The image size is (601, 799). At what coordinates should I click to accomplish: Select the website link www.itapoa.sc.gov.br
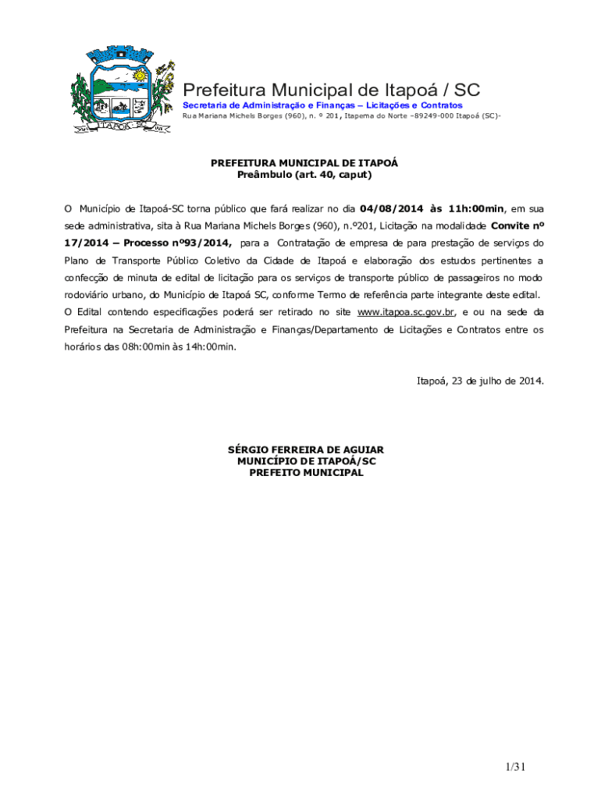pos(406,312)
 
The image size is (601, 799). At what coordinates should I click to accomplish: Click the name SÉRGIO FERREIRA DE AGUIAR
pos(305,450)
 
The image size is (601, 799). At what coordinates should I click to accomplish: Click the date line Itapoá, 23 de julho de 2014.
pos(480,382)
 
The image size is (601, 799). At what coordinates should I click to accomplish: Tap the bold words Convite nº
pos(517,226)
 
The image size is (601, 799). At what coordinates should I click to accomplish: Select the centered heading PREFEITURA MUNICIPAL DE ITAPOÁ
pos(304,163)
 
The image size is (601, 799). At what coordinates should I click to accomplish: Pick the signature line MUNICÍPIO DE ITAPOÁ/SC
pos(306,461)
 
